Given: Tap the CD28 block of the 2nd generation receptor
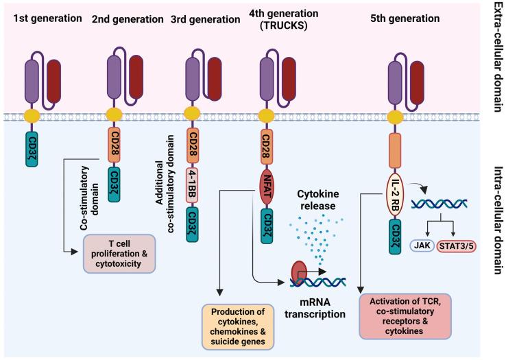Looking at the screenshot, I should tap(115, 147).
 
